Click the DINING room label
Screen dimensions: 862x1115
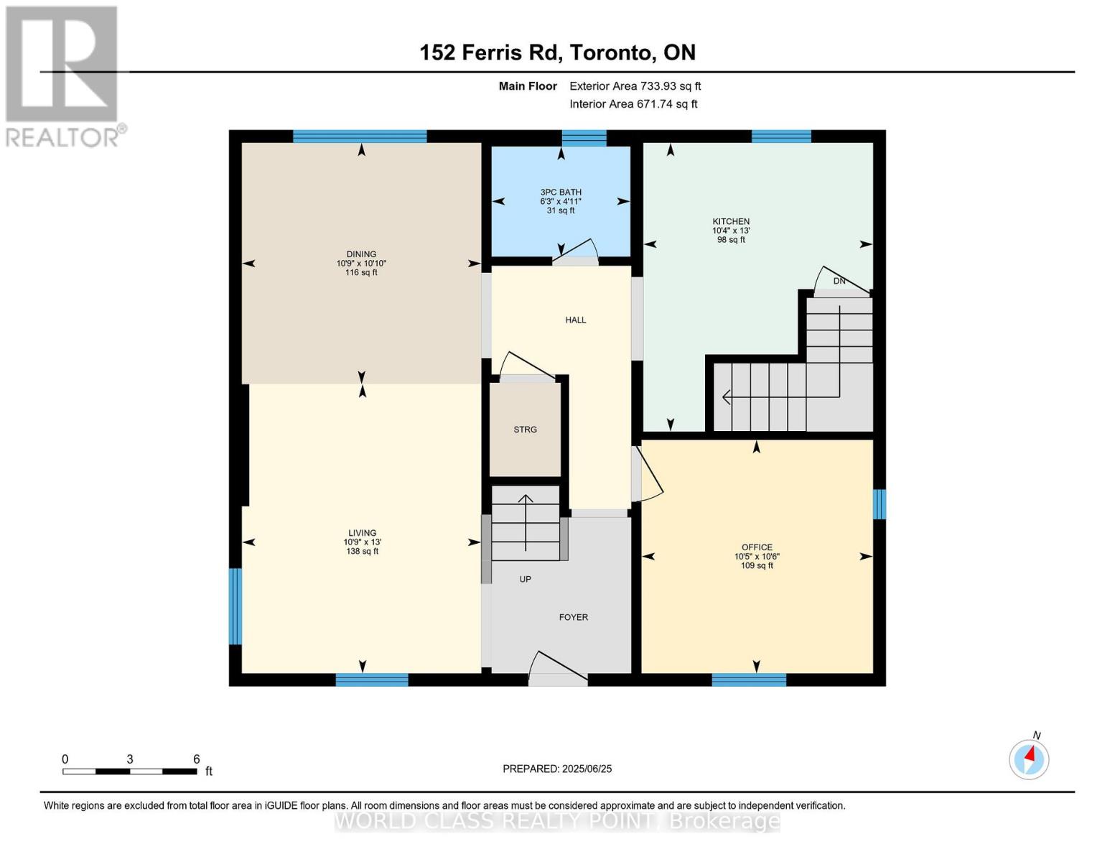(361, 254)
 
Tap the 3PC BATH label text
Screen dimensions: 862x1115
(561, 193)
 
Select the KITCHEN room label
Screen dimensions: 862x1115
(731, 222)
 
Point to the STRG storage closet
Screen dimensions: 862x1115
(525, 430)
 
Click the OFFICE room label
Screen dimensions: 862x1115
(757, 547)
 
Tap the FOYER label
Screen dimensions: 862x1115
(573, 618)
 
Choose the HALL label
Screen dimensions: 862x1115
(575, 320)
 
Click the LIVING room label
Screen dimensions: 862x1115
(362, 533)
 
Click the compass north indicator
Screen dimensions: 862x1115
(1029, 759)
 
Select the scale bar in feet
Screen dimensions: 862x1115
(129, 771)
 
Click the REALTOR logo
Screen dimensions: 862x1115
(62, 75)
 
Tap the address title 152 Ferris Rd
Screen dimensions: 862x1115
(557, 52)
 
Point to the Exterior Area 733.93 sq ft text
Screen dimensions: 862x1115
(635, 86)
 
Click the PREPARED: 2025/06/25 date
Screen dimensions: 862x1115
(557, 769)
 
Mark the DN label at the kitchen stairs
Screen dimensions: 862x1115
(839, 281)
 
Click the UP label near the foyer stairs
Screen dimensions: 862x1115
(525, 579)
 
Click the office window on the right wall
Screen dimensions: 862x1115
(879, 504)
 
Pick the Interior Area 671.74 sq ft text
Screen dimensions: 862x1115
(633, 104)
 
